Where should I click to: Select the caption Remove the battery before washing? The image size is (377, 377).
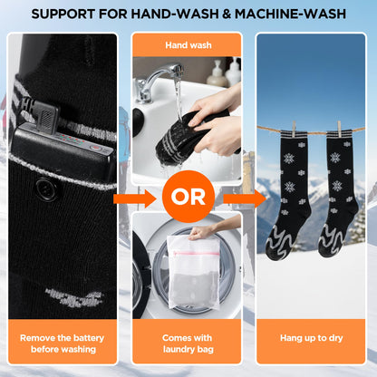pyautogui.click(x=63, y=343)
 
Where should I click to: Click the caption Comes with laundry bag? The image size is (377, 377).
pyautogui.click(x=188, y=343)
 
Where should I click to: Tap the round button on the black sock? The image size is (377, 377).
pyautogui.click(x=43, y=188)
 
